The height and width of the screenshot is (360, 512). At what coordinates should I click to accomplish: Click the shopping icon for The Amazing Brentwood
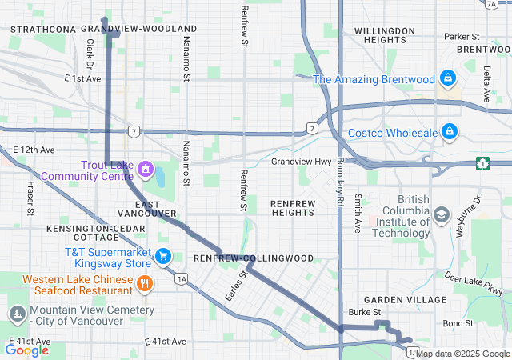tap(448, 79)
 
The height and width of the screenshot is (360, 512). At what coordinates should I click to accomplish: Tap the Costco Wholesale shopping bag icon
tap(450, 131)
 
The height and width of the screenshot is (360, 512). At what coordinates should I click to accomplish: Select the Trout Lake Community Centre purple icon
tap(145, 169)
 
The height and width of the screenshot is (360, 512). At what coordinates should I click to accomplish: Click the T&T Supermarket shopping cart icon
tap(163, 256)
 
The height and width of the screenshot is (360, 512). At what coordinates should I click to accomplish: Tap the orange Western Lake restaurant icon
tap(145, 282)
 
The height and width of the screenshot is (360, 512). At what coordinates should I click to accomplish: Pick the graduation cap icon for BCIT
tap(441, 214)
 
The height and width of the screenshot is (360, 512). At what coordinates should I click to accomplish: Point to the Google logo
tap(26, 350)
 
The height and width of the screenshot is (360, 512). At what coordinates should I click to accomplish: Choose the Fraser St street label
tap(30, 198)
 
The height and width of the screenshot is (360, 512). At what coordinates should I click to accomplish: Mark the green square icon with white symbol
tap(483, 163)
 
